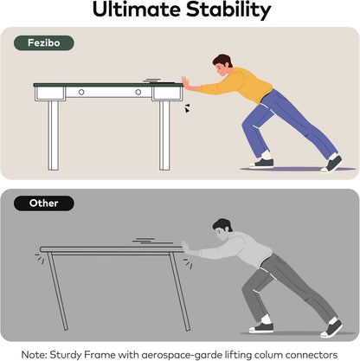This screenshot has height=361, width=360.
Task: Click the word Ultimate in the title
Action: (x=137, y=10)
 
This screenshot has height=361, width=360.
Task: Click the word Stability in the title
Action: (x=228, y=10)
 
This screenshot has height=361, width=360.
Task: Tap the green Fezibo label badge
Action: (x=44, y=43)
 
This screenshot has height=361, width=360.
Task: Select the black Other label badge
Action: (x=44, y=203)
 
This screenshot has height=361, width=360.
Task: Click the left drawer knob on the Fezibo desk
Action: (x=81, y=92)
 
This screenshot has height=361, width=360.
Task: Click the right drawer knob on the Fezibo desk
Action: (x=138, y=92)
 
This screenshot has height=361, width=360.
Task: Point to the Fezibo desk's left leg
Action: (x=54, y=135)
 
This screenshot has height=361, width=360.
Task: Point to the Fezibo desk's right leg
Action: (x=164, y=135)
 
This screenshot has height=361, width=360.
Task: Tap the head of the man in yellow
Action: (x=222, y=65)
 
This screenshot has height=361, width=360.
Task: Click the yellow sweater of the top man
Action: (x=240, y=84)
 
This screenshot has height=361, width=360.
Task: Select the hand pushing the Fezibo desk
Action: (x=186, y=83)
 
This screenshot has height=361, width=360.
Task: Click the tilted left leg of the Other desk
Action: (x=57, y=291)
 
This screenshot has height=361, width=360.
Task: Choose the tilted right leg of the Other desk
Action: (x=180, y=292)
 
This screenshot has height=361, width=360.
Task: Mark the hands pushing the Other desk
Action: (x=186, y=248)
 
